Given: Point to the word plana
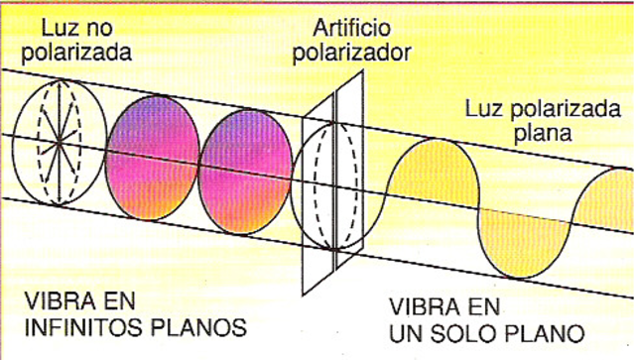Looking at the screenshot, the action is tap(536, 134).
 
